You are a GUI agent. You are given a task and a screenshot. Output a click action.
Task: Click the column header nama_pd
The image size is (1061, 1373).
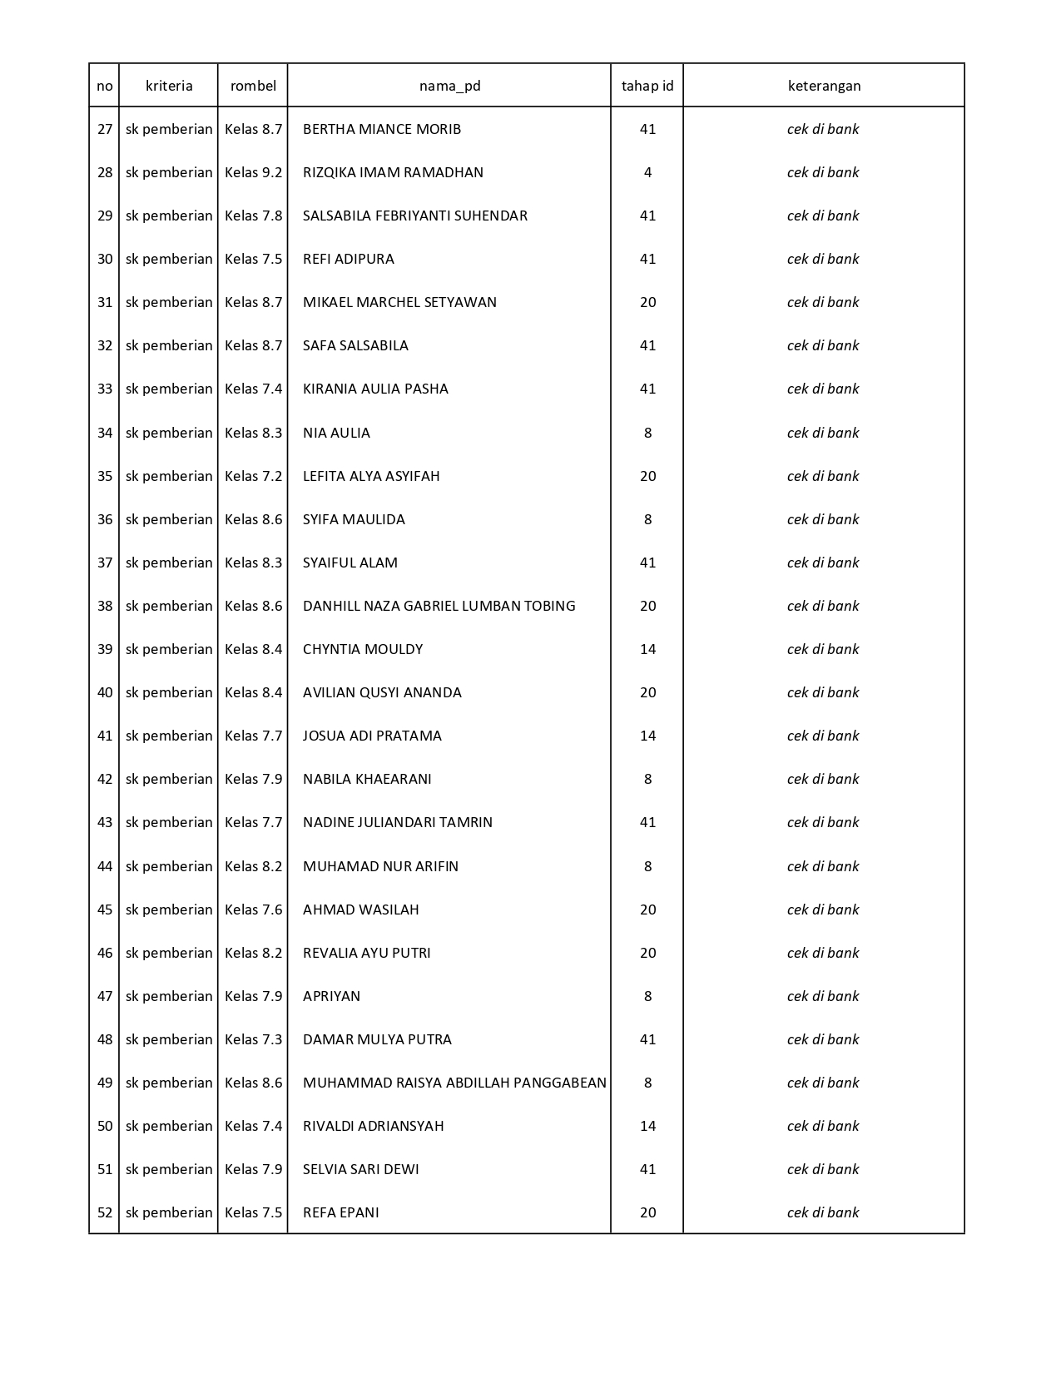449,86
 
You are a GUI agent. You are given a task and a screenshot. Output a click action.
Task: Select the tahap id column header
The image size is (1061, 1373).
647,86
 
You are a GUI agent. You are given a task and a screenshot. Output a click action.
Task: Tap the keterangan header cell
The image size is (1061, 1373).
824,86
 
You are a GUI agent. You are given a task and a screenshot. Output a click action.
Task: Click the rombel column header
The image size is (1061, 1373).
253,86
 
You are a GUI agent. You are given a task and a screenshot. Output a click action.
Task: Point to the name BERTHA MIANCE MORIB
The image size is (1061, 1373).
382,129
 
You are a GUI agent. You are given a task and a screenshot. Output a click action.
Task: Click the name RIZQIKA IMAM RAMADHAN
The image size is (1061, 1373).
393,172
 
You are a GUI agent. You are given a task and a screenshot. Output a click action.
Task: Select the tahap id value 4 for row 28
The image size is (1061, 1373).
647,172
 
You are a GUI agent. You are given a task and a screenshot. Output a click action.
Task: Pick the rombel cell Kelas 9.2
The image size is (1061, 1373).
253,172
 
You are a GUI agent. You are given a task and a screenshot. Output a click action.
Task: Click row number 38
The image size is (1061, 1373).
105,606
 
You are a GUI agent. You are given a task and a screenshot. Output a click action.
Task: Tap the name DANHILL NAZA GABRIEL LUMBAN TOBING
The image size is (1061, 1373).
439,606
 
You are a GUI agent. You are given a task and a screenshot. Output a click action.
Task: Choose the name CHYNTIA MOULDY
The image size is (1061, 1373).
363,649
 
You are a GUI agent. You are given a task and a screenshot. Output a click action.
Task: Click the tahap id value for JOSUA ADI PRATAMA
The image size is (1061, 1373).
647,736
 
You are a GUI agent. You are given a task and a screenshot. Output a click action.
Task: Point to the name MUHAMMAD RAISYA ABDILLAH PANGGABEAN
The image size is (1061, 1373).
454,1083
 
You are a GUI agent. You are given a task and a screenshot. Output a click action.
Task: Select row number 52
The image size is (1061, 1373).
105,1212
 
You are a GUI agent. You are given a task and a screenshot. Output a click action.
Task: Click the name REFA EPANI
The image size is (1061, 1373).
340,1212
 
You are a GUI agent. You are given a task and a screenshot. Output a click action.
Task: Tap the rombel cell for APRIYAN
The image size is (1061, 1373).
253,996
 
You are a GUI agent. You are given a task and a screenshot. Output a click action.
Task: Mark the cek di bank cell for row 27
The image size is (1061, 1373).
823,129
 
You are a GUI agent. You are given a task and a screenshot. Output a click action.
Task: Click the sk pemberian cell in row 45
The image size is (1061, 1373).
169,910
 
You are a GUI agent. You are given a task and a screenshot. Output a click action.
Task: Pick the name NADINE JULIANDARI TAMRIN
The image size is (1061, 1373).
398,822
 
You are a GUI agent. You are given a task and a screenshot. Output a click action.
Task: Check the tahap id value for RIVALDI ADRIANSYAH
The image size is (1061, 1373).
647,1126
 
